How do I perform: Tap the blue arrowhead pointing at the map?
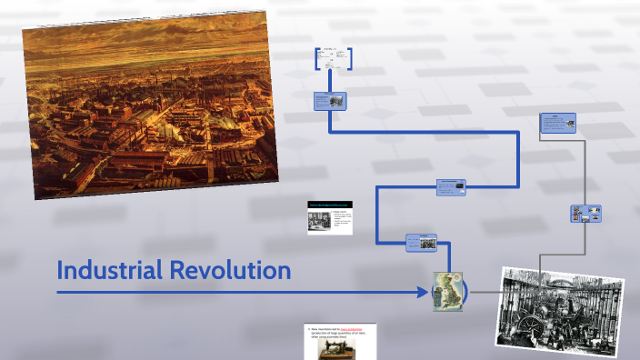click(x=423, y=292)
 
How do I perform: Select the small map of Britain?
click(x=447, y=291)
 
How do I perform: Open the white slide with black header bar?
click(x=329, y=216)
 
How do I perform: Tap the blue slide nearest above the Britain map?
click(x=421, y=242)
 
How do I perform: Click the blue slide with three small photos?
click(x=586, y=214)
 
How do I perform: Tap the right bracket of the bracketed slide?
click(x=350, y=58)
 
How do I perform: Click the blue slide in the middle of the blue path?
click(x=452, y=186)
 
